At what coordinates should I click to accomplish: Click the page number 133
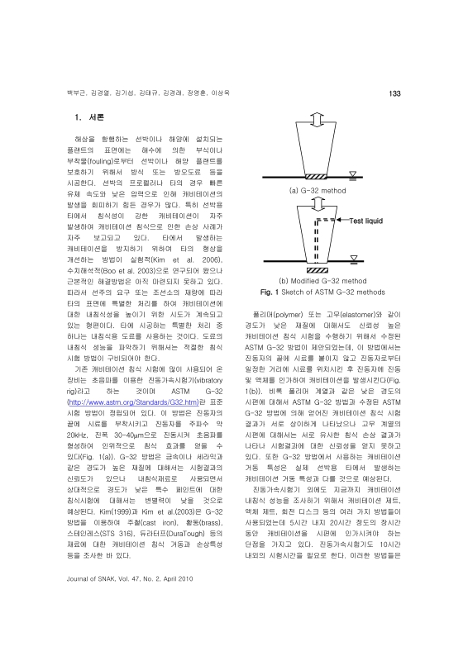(x=394, y=94)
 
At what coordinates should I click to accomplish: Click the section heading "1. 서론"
(x=90, y=118)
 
